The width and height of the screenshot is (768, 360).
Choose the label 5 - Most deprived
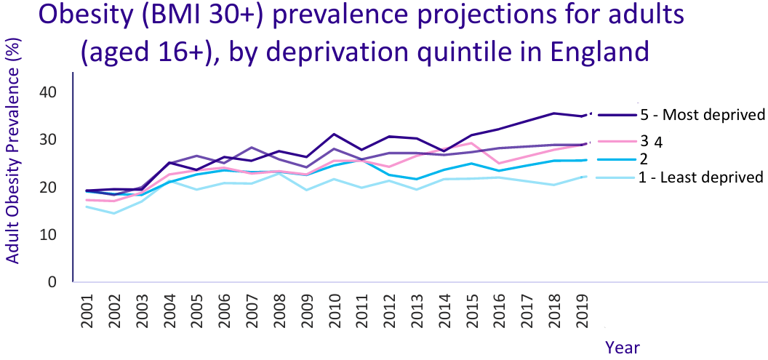click(701, 114)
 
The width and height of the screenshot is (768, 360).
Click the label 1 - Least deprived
click(700, 176)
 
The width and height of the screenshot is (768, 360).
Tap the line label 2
click(644, 159)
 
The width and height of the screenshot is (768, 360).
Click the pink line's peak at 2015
click(472, 143)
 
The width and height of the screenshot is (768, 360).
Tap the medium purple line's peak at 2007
click(251, 148)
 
